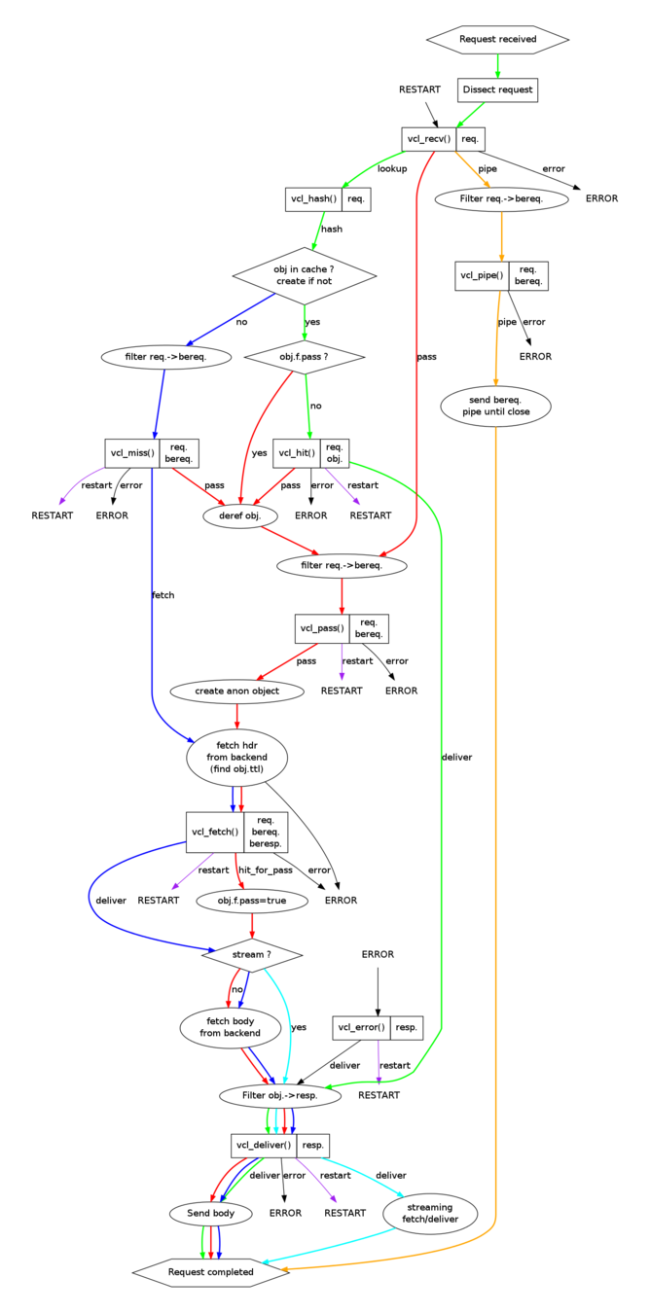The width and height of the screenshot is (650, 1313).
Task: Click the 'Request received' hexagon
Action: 497,39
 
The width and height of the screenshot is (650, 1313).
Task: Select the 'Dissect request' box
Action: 497,89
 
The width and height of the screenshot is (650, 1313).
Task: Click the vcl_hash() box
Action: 328,198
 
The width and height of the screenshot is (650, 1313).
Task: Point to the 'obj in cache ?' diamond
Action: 305,274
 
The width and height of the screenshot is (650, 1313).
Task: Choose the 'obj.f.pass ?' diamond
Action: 305,357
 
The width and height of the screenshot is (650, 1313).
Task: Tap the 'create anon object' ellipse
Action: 236,691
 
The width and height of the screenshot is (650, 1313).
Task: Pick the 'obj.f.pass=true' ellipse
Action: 252,900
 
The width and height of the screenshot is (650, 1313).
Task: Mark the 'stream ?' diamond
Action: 252,955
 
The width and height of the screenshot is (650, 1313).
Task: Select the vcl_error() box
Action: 378,1026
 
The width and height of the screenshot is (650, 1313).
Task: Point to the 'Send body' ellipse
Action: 210,1213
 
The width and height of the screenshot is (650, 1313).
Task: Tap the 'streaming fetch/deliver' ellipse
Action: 428,1213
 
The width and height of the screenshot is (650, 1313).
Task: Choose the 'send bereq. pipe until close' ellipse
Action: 496,407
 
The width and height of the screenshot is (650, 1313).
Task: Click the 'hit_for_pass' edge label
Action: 266,869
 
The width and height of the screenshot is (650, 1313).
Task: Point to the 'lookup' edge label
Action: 392,169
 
